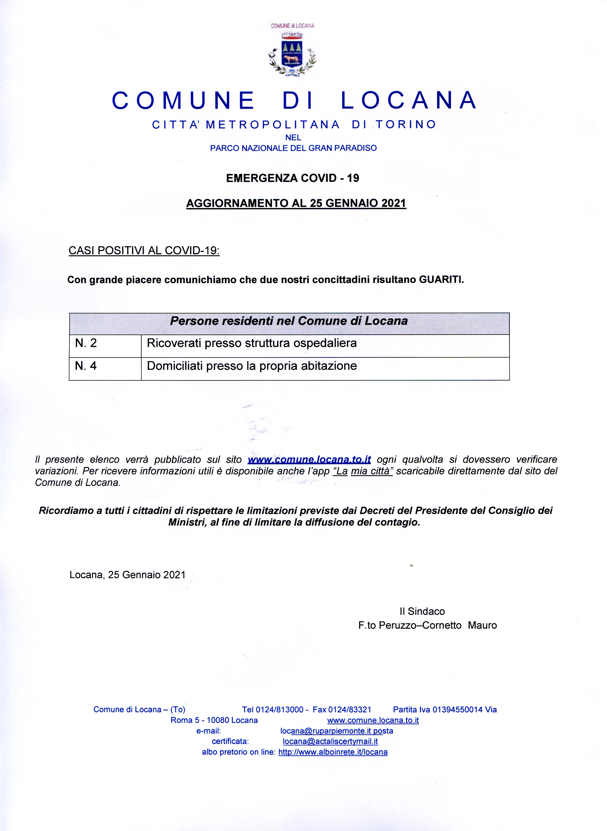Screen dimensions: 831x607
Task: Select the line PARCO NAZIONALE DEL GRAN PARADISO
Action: click(293, 148)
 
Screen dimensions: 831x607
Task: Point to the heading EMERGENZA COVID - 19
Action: click(293, 178)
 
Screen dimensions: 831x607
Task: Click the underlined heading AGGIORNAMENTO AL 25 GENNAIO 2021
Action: click(296, 203)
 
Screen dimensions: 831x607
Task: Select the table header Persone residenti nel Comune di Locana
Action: click(289, 321)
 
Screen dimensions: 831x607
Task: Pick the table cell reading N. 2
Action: click(86, 343)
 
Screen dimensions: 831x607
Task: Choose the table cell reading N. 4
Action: click(86, 366)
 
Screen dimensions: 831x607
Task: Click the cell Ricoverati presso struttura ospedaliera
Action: click(252, 343)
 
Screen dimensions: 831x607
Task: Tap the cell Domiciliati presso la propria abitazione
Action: click(252, 366)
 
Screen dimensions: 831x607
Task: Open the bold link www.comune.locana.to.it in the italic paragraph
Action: click(309, 460)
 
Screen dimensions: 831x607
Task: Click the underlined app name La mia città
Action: click(363, 471)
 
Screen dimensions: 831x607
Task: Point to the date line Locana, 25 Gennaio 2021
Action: click(127, 574)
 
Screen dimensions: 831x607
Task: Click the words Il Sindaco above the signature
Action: click(422, 611)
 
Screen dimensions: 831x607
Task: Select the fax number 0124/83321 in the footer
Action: click(349, 709)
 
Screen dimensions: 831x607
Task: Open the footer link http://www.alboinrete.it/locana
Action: click(333, 752)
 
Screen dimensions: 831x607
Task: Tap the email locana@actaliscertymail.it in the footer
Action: click(330, 741)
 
